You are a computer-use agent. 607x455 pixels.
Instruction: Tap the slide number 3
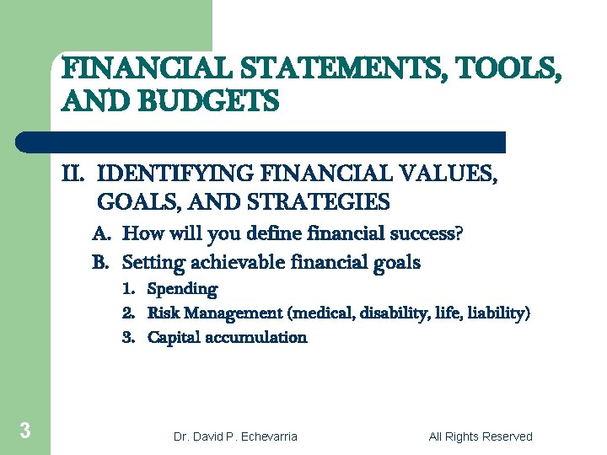25,431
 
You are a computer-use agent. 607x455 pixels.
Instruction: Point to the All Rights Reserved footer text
481,436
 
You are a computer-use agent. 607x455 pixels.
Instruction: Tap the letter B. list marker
102,262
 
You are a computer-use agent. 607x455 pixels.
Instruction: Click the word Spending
182,289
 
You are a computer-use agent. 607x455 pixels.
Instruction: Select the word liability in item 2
499,313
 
